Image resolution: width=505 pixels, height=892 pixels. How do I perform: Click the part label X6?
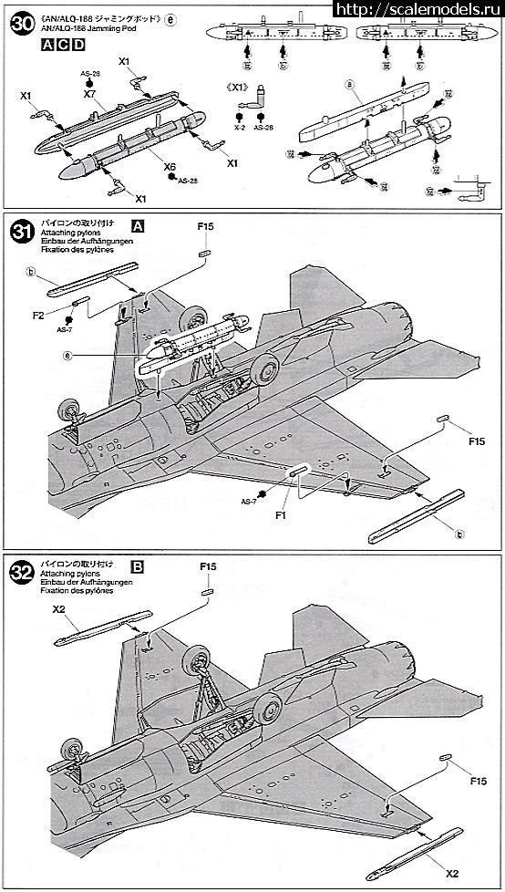[170, 167]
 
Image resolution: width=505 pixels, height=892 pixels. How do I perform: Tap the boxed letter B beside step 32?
[138, 566]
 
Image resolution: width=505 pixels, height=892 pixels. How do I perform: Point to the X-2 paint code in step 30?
[239, 126]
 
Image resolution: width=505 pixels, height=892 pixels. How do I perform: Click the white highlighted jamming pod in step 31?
[195, 345]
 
